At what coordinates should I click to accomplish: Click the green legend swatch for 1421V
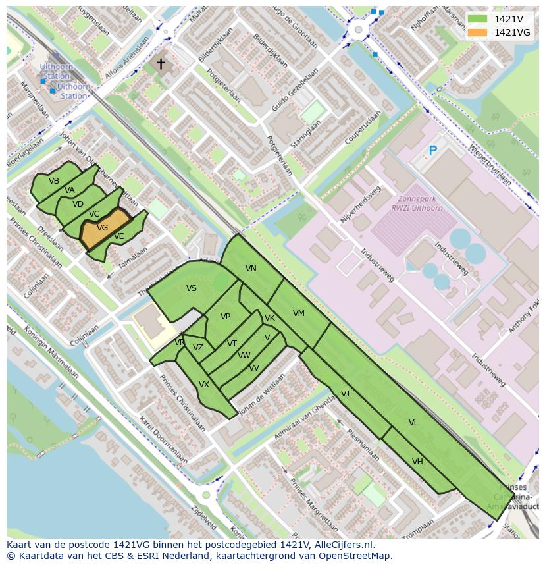(x=478, y=19)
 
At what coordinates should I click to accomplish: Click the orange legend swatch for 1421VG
(x=478, y=32)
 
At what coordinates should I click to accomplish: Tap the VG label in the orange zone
(x=102, y=228)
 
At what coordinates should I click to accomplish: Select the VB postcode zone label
(x=54, y=181)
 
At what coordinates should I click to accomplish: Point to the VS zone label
(x=192, y=288)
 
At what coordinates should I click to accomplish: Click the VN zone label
(x=251, y=269)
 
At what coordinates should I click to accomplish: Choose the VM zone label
(x=299, y=313)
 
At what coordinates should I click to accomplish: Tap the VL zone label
(x=413, y=423)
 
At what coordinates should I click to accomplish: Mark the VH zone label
(x=417, y=462)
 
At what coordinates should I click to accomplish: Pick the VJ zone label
(x=345, y=394)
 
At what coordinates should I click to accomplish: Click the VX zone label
(x=204, y=385)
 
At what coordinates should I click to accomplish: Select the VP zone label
(x=225, y=317)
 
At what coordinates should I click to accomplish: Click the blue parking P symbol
(x=432, y=151)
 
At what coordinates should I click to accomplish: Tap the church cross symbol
(x=161, y=64)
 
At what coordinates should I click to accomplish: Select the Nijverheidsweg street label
(x=361, y=204)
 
